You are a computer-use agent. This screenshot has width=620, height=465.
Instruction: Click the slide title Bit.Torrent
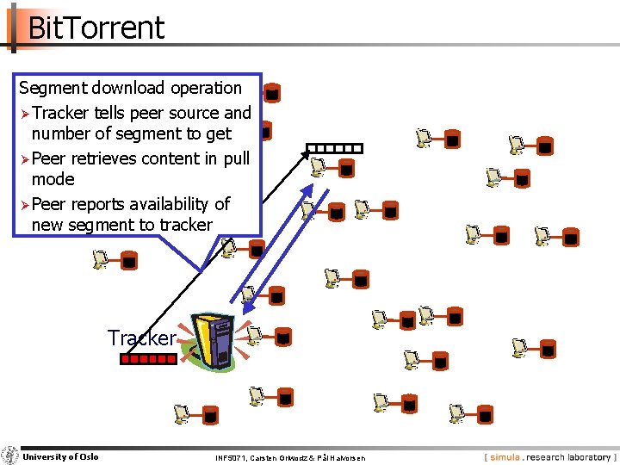tap(96, 28)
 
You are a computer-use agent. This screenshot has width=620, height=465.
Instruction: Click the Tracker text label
tap(141, 338)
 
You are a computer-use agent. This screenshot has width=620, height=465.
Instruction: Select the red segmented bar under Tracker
tap(148, 360)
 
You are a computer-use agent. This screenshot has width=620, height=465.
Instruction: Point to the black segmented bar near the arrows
tap(334, 147)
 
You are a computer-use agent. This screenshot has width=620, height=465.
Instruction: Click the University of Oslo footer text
tap(60, 456)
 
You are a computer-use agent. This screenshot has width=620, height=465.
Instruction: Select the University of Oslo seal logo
tap(10, 456)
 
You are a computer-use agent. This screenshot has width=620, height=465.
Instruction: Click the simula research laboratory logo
tap(549, 457)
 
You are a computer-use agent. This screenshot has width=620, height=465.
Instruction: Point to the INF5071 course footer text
tap(289, 458)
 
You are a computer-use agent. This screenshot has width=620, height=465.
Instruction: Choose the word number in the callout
tap(59, 133)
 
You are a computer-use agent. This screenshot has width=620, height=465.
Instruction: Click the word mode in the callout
tap(53, 179)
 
